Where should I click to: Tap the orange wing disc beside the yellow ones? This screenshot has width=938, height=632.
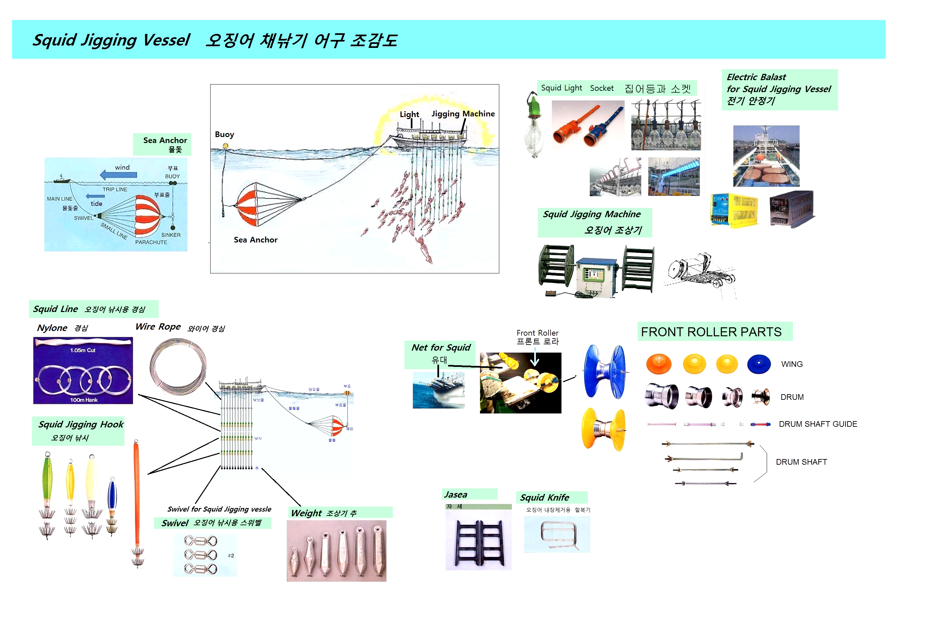pyautogui.click(x=658, y=364)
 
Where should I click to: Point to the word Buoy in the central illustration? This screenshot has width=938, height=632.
pyautogui.click(x=224, y=134)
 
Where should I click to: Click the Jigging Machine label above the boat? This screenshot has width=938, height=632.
pyautogui.click(x=463, y=114)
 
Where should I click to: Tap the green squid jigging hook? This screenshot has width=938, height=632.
pyautogui.click(x=48, y=482)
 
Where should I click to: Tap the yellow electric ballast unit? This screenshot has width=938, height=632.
pyautogui.click(x=734, y=210)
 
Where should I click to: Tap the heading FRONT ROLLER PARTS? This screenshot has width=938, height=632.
pyautogui.click(x=711, y=332)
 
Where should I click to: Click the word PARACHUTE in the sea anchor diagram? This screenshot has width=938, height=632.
pyautogui.click(x=151, y=242)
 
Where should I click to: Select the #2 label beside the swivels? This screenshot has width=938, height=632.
pyautogui.click(x=231, y=555)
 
